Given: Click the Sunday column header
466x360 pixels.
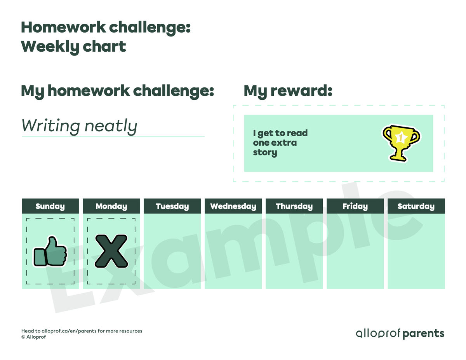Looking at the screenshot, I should (50, 206).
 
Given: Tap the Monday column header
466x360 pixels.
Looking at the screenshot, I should (111, 206).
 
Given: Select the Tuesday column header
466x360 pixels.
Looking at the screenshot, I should (172, 206).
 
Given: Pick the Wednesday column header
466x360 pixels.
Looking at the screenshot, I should (233, 206).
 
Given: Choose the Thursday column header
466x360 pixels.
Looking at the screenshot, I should (294, 206).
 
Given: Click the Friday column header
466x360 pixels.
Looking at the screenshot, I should (355, 206).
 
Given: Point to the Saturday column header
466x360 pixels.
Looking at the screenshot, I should (416, 206).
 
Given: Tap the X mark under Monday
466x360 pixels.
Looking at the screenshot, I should (111, 252).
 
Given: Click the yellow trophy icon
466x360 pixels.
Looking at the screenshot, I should (401, 142).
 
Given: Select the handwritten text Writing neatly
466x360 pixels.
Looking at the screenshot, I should (79, 126).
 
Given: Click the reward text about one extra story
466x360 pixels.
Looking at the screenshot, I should (280, 143).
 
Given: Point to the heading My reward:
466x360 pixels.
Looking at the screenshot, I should (288, 91).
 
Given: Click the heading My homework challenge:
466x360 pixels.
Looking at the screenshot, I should (117, 91).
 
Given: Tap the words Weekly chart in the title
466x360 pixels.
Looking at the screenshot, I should (73, 47).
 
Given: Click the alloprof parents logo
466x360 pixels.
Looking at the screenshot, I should (400, 333).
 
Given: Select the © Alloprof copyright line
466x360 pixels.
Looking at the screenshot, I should (34, 337).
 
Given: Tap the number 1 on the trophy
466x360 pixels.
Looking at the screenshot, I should (400, 137).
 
